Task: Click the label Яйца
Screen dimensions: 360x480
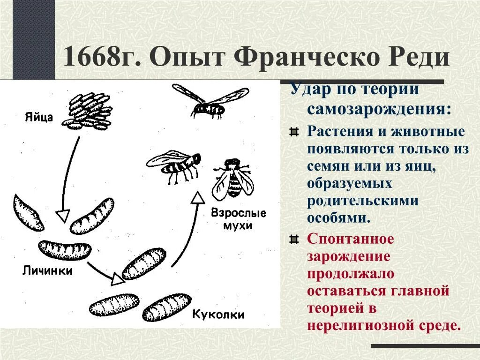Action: [40, 117]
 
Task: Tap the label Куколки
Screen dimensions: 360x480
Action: [218, 314]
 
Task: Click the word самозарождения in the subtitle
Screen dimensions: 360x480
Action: [380, 109]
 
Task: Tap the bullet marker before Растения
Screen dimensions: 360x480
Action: [294, 132]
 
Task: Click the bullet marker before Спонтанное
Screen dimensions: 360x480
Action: [294, 240]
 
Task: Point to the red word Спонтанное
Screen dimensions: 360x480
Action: [351, 239]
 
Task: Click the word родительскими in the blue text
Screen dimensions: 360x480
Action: [363, 201]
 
